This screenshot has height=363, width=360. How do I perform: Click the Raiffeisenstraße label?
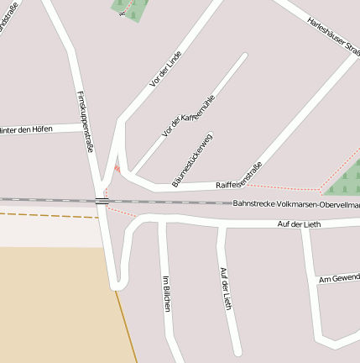pyautogui.click(x=239, y=174)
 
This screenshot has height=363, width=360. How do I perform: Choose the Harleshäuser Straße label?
pyautogui.click(x=333, y=31)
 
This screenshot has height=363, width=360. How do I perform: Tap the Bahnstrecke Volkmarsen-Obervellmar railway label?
pyautogui.click(x=295, y=204)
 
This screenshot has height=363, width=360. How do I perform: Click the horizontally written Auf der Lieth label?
pyautogui.click(x=299, y=224)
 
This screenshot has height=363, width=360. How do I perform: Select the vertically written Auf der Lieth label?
pyautogui.click(x=224, y=288)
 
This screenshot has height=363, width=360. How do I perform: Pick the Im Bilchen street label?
pyautogui.click(x=166, y=294)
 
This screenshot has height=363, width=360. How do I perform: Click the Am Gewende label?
pyautogui.click(x=338, y=278)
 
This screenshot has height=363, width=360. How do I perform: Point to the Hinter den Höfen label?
pyautogui.click(x=27, y=129)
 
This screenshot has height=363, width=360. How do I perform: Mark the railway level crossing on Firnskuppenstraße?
pyautogui.click(x=101, y=200)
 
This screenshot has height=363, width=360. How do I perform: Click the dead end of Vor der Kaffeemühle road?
pyautogui.click(x=244, y=57)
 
